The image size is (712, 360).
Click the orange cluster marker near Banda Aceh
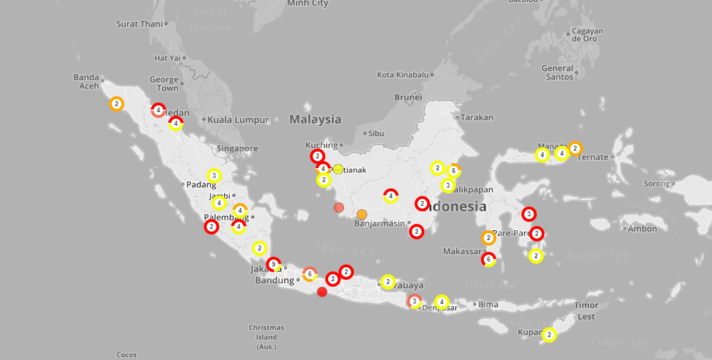[x=117, y=104]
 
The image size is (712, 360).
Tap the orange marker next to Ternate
[x=574, y=148]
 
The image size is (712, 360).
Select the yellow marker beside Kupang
[x=549, y=336]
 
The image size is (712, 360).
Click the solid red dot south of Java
[x=322, y=292]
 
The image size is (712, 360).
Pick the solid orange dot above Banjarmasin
[x=362, y=214]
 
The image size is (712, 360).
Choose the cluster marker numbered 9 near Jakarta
[x=274, y=264]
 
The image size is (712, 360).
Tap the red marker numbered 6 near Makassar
[x=489, y=260]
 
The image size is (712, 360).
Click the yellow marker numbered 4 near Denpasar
[x=441, y=301]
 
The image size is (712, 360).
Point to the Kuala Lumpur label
[x=238, y=120]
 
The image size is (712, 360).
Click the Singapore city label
[x=237, y=149]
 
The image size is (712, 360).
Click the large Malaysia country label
[x=316, y=119]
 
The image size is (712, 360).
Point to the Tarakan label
[x=477, y=117]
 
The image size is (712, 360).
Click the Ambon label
[x=643, y=228]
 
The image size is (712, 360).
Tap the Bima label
[x=488, y=303]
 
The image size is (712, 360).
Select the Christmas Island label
[x=266, y=337]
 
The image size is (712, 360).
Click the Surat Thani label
[x=140, y=24]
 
